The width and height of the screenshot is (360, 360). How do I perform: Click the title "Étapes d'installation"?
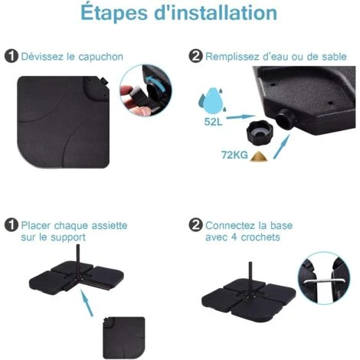tap(178, 13)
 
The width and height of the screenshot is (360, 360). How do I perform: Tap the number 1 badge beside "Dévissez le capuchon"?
tap(11, 56)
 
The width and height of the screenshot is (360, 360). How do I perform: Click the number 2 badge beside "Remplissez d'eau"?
tap(195, 56)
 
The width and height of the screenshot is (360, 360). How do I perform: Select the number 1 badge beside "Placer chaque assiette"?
tap(11, 225)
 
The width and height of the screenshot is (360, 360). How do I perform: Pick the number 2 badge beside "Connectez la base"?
tap(195, 225)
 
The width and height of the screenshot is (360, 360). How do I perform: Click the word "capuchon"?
tap(100, 57)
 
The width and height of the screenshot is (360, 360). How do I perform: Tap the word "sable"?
tap(334, 57)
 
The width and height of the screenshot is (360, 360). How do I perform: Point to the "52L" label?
tap(213, 122)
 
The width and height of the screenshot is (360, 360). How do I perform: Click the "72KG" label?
tap(234, 155)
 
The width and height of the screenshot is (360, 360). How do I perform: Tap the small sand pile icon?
tap(259, 156)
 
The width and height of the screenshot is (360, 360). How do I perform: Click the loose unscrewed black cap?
tap(260, 133)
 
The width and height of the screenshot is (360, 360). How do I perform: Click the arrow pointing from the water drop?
tap(241, 117)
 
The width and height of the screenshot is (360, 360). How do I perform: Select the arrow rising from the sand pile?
tap(282, 147)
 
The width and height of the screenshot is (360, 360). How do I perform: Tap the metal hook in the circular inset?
tap(324, 280)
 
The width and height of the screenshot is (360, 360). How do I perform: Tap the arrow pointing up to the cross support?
tap(87, 303)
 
